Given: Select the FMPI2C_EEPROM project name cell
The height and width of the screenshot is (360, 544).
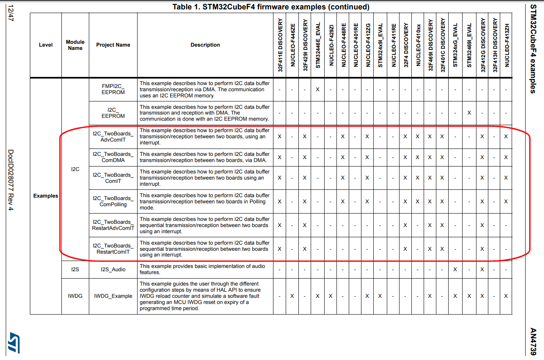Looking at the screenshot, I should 113,89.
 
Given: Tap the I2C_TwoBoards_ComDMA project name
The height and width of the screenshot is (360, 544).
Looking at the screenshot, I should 113,157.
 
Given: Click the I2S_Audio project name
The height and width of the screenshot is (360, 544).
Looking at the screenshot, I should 113,270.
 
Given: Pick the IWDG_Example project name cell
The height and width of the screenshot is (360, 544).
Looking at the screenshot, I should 113,296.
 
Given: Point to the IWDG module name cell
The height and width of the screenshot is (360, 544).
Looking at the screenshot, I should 75,296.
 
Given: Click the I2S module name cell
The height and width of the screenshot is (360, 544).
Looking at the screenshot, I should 75,270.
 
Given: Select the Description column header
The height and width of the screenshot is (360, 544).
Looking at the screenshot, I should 205,45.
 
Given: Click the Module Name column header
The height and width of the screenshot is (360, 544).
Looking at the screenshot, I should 75,45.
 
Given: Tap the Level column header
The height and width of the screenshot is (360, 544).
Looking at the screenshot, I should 46,45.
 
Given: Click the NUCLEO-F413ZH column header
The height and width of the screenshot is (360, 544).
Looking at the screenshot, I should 506,45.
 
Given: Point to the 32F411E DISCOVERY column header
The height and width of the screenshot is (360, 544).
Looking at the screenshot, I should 280,45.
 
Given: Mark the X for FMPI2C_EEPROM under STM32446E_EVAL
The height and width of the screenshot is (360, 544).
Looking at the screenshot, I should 318,89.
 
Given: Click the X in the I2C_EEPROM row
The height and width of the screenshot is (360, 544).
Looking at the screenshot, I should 470,113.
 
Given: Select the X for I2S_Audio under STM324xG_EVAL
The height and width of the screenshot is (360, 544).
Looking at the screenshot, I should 455,270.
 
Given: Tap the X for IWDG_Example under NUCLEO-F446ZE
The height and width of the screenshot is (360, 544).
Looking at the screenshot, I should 292,296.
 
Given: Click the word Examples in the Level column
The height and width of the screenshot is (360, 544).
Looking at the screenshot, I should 46,196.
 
